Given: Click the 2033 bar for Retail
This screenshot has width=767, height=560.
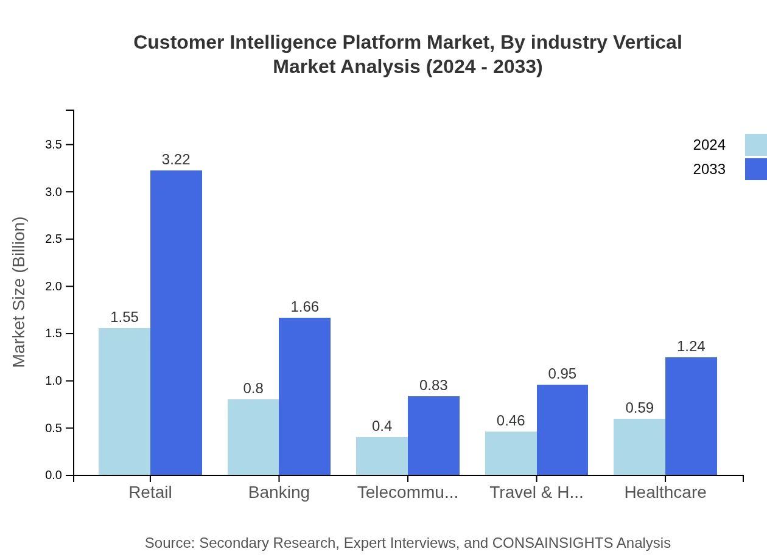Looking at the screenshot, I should (x=176, y=323).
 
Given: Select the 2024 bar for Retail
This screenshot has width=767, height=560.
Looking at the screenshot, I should (x=124, y=402).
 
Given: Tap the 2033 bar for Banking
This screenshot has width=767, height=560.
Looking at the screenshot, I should (x=304, y=396).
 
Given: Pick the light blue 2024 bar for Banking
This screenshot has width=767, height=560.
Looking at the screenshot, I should (x=253, y=437).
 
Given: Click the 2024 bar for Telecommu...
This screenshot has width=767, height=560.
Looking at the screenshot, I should (x=382, y=456).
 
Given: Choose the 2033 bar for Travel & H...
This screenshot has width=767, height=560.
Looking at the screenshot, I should (x=562, y=430).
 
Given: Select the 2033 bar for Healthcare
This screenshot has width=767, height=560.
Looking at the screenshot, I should (x=691, y=416).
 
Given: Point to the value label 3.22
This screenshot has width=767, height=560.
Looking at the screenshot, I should (x=176, y=159).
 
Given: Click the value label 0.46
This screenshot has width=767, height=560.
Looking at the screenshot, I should (x=511, y=421).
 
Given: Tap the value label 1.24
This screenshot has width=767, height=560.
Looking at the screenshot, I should (x=691, y=346).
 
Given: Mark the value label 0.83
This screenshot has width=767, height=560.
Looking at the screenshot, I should (x=433, y=385).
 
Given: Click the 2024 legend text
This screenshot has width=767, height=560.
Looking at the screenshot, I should (x=709, y=145).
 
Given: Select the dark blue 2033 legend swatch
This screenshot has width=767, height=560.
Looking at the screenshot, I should (x=755, y=169).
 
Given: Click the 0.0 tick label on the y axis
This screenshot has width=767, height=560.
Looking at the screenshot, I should (x=54, y=475).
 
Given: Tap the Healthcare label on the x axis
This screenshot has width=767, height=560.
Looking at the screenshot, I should (x=665, y=492).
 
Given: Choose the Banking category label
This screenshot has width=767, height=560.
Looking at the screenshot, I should (x=279, y=492).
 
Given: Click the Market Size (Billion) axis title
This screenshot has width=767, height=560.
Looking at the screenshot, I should (x=19, y=292).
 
